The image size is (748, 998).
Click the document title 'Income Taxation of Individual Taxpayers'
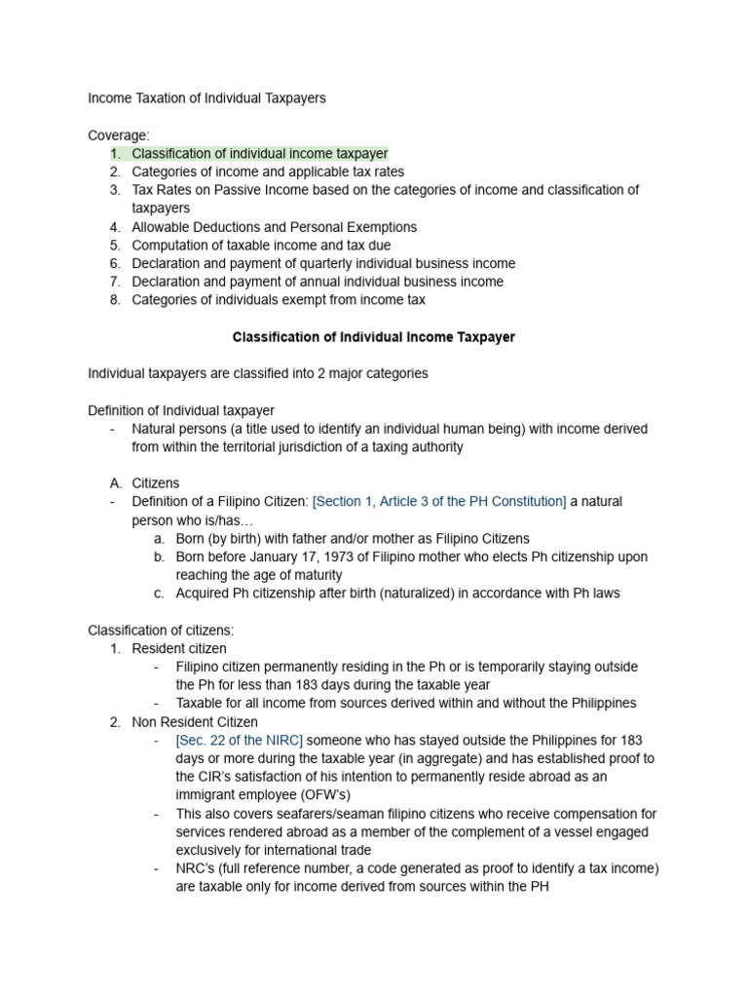coord(206,98)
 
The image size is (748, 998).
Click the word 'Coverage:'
coord(119,135)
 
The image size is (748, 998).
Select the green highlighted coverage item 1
coord(259,154)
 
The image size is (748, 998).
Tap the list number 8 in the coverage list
coord(115,300)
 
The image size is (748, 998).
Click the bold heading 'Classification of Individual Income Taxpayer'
coord(373,337)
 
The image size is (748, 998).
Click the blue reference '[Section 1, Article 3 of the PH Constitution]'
coord(439,502)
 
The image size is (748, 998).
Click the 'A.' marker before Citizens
coord(115,483)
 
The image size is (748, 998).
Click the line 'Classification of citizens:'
coord(161,631)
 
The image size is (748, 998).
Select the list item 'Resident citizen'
coord(179,649)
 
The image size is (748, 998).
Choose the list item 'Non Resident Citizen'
coord(195,722)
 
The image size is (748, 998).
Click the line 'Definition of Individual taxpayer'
coord(181,410)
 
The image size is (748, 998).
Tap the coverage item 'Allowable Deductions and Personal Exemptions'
coord(274,227)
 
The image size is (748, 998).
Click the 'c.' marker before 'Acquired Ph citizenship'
coord(159,594)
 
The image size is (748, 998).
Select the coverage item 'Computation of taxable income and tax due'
coord(261,246)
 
